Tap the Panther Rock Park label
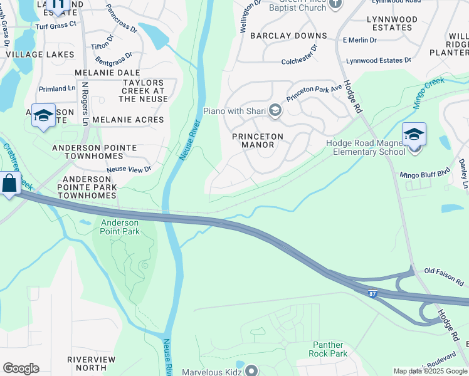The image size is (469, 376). pyautogui.click(x=328, y=349)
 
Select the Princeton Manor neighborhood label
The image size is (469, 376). pyautogui.click(x=257, y=140)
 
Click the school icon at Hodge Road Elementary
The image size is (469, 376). pyautogui.click(x=414, y=134)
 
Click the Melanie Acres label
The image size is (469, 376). pyautogui.click(x=127, y=119)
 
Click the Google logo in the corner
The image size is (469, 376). pyautogui.click(x=21, y=368)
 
